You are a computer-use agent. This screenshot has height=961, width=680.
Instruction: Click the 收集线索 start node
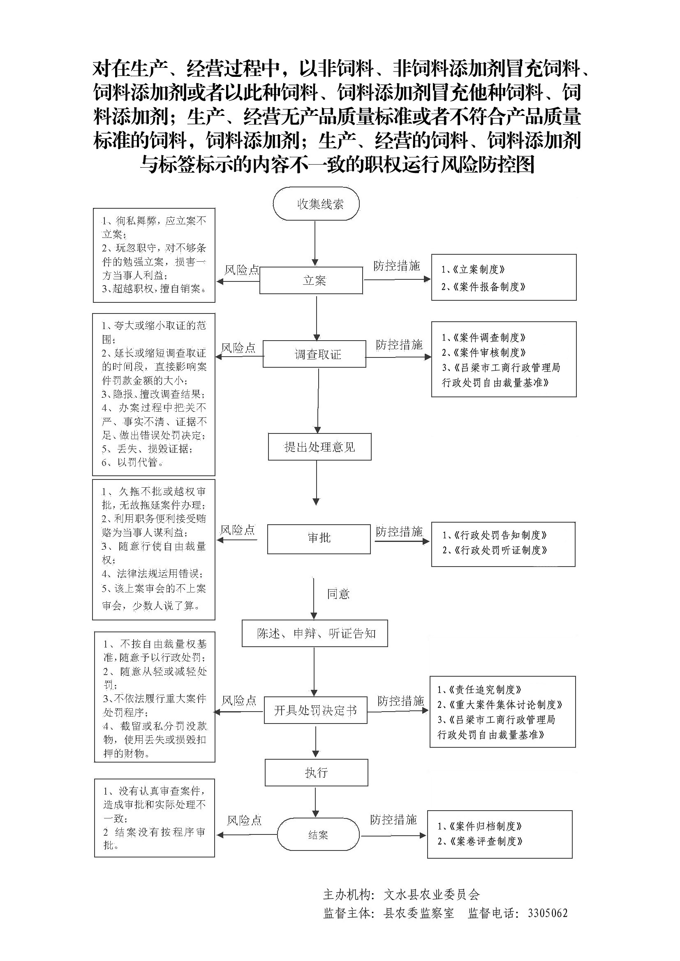click(x=316, y=204)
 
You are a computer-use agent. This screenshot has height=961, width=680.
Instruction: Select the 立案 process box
click(x=311, y=281)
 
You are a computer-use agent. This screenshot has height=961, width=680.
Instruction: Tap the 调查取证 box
click(x=315, y=355)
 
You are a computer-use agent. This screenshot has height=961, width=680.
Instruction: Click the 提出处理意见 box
click(x=319, y=447)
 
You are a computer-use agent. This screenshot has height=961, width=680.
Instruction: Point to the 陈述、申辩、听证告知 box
click(x=315, y=633)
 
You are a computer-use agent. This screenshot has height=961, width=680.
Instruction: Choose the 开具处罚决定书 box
click(x=315, y=710)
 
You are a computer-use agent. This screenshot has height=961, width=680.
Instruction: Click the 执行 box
click(x=316, y=773)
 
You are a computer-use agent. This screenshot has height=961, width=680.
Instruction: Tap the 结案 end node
click(x=318, y=835)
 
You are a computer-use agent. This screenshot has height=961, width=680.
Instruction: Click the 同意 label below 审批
click(x=338, y=594)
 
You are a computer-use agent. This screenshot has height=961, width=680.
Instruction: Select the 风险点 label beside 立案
click(x=242, y=270)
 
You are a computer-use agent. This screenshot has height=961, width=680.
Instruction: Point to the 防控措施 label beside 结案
click(x=393, y=820)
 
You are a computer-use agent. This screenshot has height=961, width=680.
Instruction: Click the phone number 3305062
click(x=548, y=913)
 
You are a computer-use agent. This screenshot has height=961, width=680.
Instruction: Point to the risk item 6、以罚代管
click(x=133, y=462)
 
